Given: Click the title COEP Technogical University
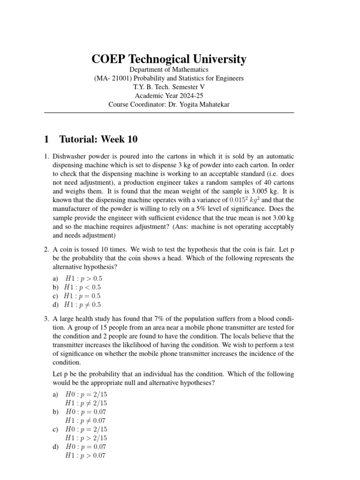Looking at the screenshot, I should point(169,59).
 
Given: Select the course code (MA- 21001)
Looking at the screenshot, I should point(113,78).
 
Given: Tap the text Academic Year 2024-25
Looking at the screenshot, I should point(169,96).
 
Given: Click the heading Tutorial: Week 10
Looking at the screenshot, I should point(98,139).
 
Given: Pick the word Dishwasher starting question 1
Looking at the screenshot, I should point(69,156).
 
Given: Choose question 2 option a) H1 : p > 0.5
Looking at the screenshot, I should point(83,278).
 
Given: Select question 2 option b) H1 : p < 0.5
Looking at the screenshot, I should point(83,287).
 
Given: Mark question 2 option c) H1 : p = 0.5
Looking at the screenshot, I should point(83,296).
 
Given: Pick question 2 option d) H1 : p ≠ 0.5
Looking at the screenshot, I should point(83,305).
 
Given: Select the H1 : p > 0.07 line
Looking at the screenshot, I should point(86,456).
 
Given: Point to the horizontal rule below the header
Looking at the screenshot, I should point(169,113).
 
